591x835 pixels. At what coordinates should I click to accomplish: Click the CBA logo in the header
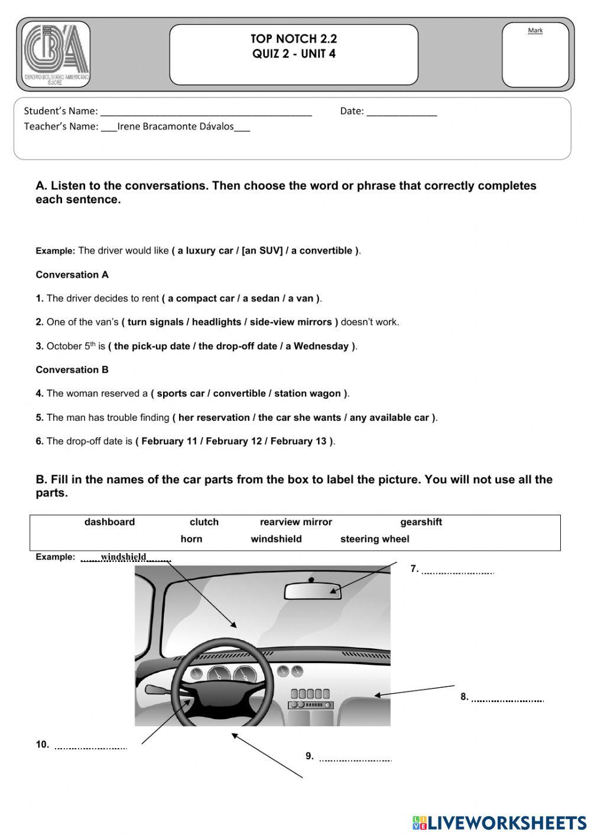click(56, 54)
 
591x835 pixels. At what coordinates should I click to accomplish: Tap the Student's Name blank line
click(206, 112)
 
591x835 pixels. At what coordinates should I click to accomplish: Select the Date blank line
click(401, 112)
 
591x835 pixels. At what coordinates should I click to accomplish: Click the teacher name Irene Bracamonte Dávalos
click(176, 126)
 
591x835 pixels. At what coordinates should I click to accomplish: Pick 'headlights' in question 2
click(216, 322)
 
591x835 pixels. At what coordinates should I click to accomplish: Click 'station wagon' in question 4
click(308, 394)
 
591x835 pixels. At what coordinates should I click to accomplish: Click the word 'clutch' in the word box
click(204, 522)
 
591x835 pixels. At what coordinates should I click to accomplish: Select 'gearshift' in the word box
click(421, 522)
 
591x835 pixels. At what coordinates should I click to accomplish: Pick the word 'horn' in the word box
click(191, 539)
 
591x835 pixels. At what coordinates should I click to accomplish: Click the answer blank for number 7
click(458, 570)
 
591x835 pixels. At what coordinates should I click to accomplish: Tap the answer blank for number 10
click(90, 746)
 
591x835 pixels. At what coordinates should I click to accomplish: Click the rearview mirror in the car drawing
click(313, 591)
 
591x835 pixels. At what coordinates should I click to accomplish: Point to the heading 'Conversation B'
click(72, 370)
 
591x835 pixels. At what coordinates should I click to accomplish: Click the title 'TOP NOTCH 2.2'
click(294, 39)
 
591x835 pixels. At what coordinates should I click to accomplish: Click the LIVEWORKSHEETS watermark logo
click(499, 823)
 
